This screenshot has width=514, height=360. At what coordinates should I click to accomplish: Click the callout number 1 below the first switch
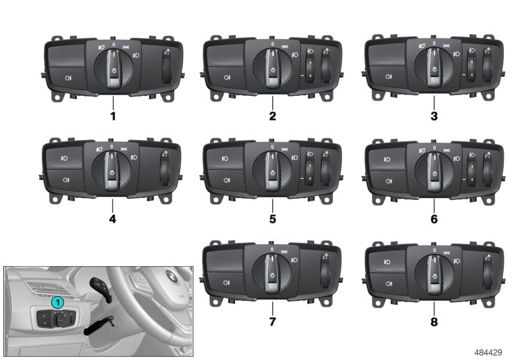click(x=113, y=116)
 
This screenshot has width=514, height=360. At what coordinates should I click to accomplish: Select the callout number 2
click(x=272, y=116)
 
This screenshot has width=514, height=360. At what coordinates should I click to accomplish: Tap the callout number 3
click(x=434, y=116)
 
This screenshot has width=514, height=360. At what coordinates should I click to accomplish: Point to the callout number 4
click(x=112, y=219)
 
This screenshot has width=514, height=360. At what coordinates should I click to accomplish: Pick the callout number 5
click(x=272, y=219)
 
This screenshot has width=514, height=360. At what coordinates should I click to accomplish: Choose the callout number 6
click(x=434, y=219)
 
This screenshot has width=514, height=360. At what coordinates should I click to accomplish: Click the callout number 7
click(x=272, y=322)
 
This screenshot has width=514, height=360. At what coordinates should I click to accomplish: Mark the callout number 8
click(x=434, y=322)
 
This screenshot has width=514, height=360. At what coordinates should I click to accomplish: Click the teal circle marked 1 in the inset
click(x=58, y=302)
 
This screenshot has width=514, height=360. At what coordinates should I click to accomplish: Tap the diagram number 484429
click(x=488, y=352)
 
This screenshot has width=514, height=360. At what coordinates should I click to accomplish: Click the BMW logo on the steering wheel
click(x=171, y=276)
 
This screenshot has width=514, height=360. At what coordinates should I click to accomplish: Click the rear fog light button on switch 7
click(x=226, y=283)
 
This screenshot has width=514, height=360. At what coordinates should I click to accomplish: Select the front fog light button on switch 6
click(x=387, y=159)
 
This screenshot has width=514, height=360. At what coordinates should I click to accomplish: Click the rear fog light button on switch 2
click(x=226, y=77)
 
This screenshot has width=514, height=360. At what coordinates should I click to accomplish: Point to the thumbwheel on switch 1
click(x=167, y=69)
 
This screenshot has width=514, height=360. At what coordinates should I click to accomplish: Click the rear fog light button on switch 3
click(x=388, y=76)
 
